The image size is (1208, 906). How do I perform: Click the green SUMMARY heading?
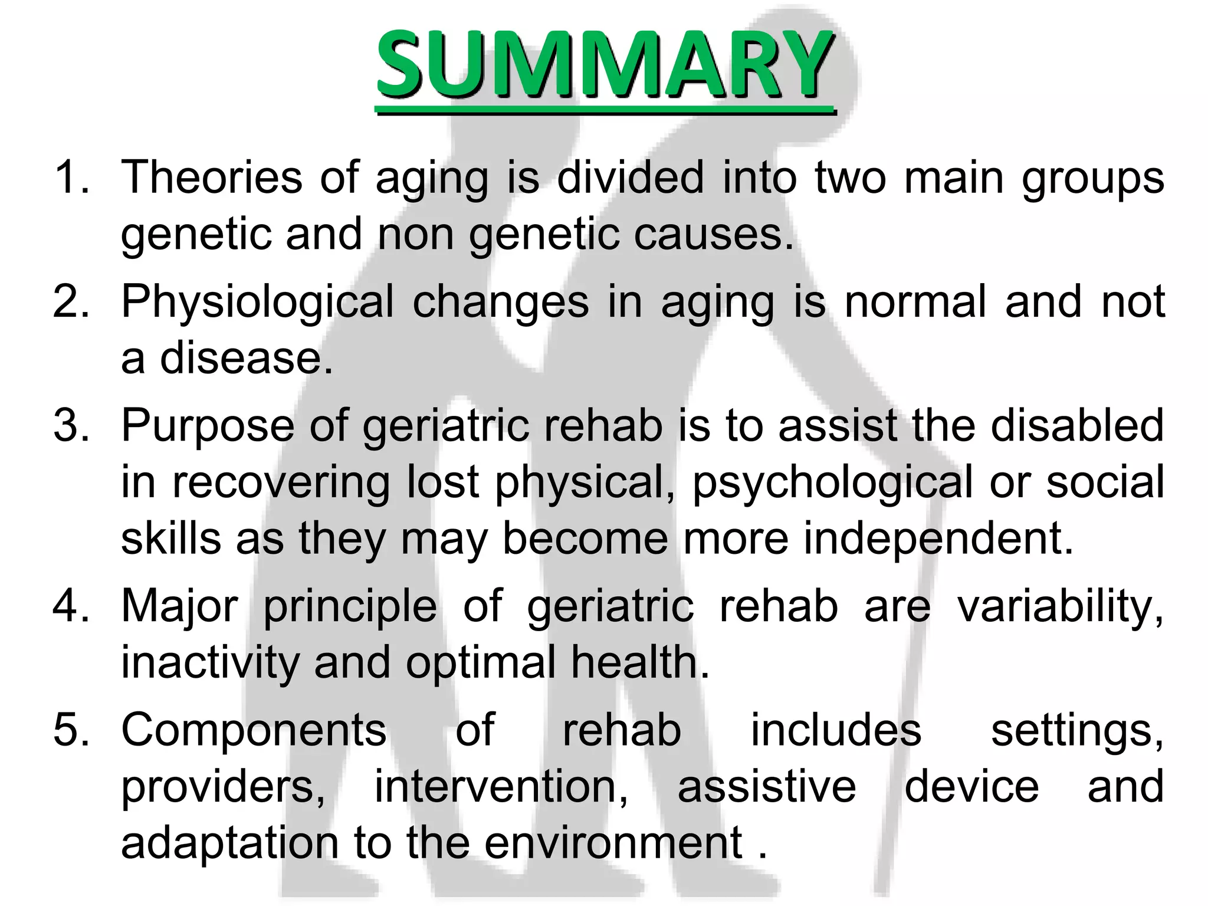click(x=605, y=65)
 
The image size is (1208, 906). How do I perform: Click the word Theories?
click(x=212, y=177)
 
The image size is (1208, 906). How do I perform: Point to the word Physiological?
click(x=257, y=303)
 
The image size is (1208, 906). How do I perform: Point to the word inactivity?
click(x=210, y=662)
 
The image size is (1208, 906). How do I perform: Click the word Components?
click(x=254, y=730)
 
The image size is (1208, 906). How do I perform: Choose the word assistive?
click(x=766, y=786)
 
